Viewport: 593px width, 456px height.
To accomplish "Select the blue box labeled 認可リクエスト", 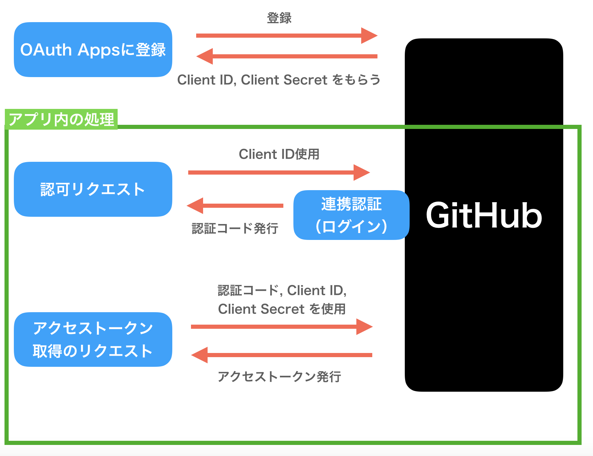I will (x=93, y=189).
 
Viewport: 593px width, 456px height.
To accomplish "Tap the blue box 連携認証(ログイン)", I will (x=351, y=215).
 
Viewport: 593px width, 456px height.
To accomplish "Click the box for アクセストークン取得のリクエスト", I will (x=93, y=339).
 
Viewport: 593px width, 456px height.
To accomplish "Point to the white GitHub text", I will (x=484, y=215).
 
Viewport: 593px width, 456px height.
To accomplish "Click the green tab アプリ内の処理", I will (x=61, y=119).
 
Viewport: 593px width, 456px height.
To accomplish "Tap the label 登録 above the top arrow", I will (x=279, y=18).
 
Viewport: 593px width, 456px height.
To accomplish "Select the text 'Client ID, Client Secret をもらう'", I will (x=279, y=80).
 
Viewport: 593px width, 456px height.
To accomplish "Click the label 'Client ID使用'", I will (x=279, y=154).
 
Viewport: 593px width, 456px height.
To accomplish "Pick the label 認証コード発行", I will (x=235, y=229).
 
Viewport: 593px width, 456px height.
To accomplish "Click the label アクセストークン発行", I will (x=279, y=376).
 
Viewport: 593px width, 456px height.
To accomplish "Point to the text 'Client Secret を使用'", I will (x=282, y=309).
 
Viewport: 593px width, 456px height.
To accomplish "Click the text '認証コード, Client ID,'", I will (x=282, y=290).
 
